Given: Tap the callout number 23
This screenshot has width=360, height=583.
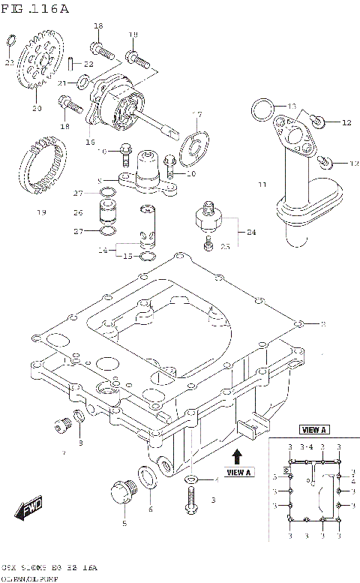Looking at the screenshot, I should click(x=9, y=63).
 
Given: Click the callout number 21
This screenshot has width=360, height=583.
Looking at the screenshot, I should click(x=63, y=83).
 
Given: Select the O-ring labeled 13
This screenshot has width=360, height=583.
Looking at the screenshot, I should click(x=261, y=110).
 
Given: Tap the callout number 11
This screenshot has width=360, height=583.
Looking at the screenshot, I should click(x=262, y=184).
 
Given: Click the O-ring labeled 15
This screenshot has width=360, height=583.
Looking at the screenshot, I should click(x=148, y=256).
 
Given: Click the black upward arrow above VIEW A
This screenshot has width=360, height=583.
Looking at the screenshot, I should click(x=237, y=454).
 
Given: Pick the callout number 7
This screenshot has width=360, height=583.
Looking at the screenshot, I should click(x=64, y=453).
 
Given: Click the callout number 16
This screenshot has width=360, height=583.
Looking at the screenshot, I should click(x=91, y=140).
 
